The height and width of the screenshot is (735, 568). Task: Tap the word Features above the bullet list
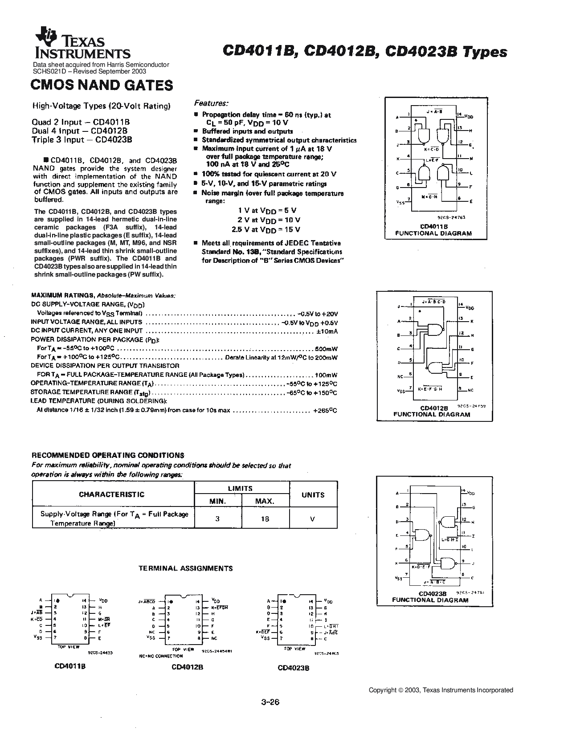click(211, 103)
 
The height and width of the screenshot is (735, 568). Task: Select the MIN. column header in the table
click(218, 501)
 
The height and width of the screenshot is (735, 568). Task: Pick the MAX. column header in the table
click(265, 501)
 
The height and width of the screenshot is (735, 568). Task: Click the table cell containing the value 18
click(265, 519)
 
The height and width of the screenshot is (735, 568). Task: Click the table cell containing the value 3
click(217, 519)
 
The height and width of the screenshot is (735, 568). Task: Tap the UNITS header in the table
click(313, 495)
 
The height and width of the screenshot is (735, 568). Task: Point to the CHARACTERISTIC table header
click(112, 494)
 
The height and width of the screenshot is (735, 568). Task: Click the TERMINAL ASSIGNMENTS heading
click(186, 568)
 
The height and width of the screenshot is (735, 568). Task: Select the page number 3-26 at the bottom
click(270, 703)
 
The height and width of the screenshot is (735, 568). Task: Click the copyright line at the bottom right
click(441, 690)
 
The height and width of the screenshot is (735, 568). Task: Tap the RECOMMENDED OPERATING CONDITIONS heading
click(107, 455)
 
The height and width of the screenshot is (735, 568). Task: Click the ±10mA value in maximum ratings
click(327, 331)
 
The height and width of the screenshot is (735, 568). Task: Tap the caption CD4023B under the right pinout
click(293, 668)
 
